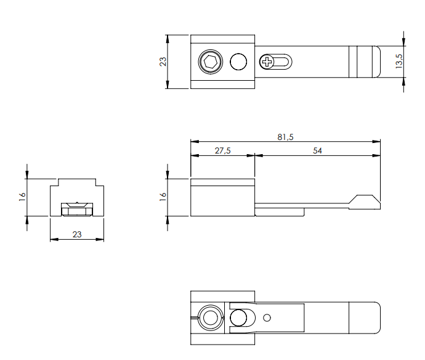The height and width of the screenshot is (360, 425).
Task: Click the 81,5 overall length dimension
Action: pos(284,136)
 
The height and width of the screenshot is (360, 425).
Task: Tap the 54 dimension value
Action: pos(317,150)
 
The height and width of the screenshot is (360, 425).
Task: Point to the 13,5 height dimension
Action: pos(399,60)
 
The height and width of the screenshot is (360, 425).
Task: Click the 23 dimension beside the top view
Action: pos(163,62)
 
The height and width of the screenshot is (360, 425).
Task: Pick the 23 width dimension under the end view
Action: pos(76,234)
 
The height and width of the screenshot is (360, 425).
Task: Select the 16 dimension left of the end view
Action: pos(22,197)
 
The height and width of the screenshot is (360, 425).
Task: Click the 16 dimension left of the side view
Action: pos(163,197)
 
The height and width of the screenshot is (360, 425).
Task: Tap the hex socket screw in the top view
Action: pos(209,62)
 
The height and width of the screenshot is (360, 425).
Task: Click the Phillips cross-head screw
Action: pos(267,62)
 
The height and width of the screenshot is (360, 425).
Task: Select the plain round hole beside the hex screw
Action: pos(238,62)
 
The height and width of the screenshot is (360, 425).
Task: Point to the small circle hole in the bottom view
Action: pos(267,318)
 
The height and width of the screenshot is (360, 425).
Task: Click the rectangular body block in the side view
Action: pos(222,197)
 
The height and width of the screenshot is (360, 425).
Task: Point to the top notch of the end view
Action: pos(77,182)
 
